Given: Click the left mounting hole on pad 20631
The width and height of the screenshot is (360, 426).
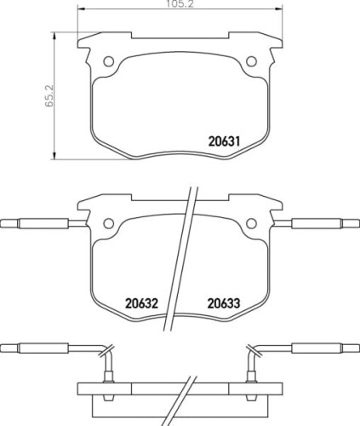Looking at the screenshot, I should tap(108, 61).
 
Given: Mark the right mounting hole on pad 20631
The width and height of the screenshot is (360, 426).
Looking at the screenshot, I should tap(251, 61).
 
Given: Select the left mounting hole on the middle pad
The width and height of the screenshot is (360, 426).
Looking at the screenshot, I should tap(108, 224).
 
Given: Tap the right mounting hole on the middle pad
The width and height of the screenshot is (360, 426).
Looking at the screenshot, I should tap(251, 224).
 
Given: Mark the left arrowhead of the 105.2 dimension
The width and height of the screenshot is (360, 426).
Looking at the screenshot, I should tap(79, 11).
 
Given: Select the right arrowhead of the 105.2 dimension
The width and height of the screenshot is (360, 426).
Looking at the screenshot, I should tap(280, 11).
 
